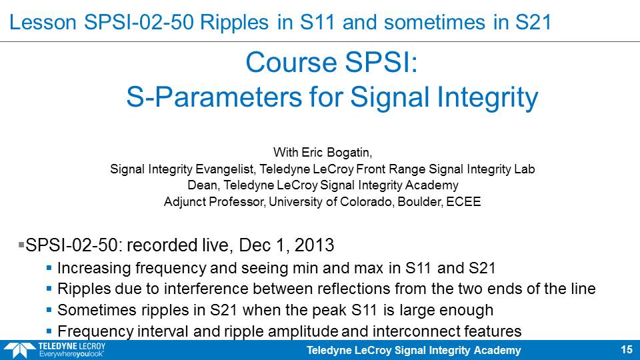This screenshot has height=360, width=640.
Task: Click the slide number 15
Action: pos(627,350)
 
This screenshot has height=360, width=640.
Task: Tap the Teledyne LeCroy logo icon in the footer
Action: pos(19,350)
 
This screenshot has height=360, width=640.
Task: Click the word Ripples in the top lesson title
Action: pos(234,23)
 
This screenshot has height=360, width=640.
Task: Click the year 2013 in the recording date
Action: pos(314,245)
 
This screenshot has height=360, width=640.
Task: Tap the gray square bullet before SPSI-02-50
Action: pos(21,245)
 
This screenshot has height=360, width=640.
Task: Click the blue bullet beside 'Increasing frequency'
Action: pos(49,268)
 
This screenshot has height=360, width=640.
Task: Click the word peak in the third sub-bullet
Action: pos(329,310)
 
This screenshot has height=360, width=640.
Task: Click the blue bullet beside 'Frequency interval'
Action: pos(49,331)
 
